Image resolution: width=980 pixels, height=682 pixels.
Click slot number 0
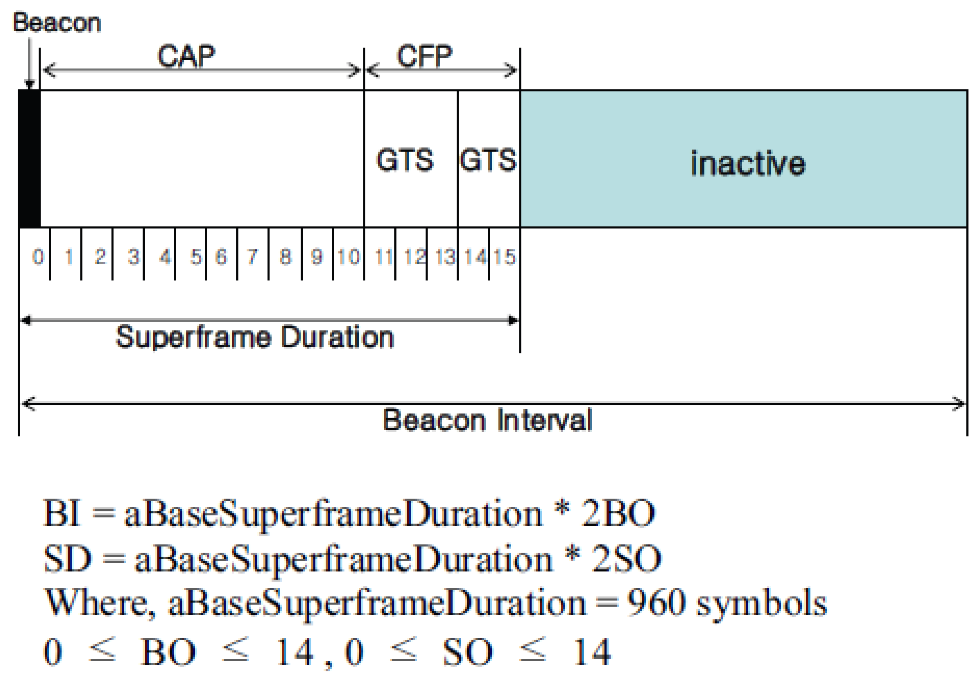pos(38,257)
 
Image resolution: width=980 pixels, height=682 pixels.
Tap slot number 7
pos(252,257)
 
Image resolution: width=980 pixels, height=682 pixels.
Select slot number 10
pos(348,257)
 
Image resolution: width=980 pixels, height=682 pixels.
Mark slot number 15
pos(504,257)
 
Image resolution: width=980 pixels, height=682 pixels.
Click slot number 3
pos(133,257)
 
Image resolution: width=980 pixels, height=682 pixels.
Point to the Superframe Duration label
pos(255,338)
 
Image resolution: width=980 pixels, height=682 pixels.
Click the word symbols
pos(762,604)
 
